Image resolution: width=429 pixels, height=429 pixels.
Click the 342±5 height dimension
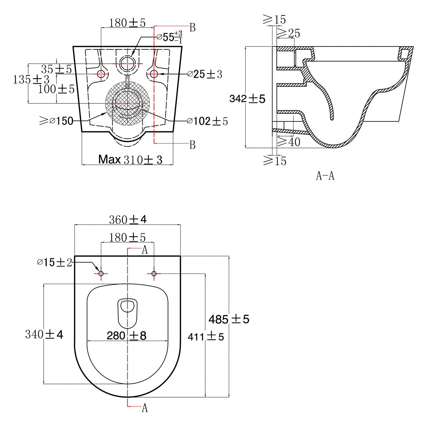247,99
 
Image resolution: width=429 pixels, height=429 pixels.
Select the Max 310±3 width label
130,159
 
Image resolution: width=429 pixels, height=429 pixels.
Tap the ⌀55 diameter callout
169,37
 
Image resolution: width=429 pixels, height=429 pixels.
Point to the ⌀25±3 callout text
204,74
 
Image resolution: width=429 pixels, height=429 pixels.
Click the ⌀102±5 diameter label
207,121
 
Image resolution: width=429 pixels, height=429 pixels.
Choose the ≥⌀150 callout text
56,121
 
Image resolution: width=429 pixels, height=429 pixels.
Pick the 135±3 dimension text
31,79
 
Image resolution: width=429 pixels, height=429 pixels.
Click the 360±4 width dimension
128,220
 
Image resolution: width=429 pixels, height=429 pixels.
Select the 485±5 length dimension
229,319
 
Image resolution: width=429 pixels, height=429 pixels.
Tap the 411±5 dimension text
206,337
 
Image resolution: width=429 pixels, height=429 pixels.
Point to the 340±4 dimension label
44,334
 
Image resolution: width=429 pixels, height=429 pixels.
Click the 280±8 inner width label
127,335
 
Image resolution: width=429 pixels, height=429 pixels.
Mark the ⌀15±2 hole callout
55,262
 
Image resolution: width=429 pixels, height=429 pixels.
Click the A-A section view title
325,176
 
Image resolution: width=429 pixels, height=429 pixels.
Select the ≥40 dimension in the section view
289,142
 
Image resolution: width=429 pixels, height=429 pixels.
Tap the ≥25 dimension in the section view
289,33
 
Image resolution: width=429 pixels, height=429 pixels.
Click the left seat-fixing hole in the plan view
101,273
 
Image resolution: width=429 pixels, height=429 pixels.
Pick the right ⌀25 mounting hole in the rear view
154,74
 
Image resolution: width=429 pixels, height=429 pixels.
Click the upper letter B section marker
193,28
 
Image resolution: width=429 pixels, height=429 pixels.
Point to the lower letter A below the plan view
145,408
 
